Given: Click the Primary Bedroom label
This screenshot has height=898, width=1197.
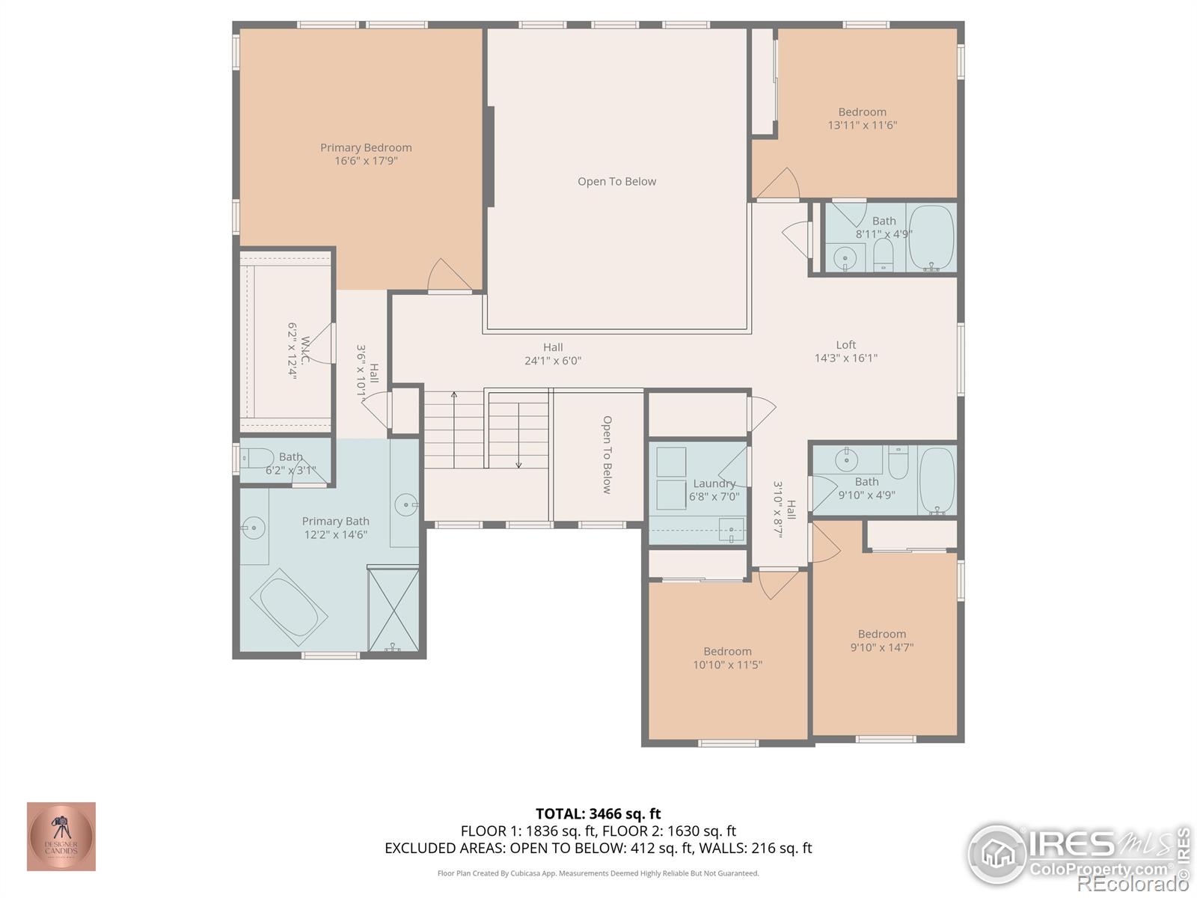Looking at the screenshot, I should point(366,147).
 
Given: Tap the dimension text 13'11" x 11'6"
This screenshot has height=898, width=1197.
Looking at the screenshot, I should point(862,125).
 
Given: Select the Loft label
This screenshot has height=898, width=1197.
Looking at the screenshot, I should point(845,344).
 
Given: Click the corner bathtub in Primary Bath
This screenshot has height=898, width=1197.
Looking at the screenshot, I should point(289,607).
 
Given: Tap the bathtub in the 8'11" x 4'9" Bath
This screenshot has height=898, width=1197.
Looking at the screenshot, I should point(931,237).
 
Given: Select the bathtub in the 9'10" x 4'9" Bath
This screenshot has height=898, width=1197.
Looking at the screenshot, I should point(937,480).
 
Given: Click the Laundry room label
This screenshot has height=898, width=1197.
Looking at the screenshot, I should point(714,483).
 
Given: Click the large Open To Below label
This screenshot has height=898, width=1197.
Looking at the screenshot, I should point(616,181).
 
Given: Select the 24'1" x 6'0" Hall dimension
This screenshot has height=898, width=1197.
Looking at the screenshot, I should point(553,361).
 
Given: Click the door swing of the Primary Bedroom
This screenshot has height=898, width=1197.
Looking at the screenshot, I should point(447,275).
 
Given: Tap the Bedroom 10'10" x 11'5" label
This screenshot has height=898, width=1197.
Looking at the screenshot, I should point(727,651).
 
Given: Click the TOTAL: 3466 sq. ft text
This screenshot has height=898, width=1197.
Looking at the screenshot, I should point(598,813).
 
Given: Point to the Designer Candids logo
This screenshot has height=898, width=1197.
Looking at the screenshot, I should point(61,837).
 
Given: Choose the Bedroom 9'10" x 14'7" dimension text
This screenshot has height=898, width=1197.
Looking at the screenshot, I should point(881,647).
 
